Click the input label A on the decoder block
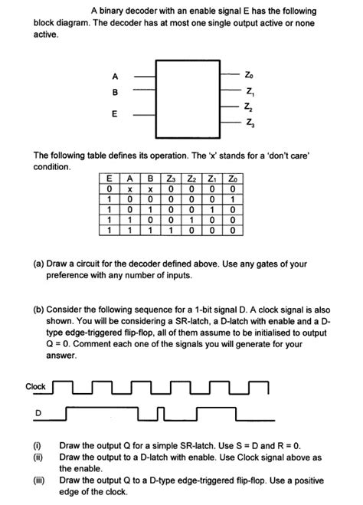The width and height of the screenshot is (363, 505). click(115, 77)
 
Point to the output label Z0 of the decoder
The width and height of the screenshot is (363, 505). click(247, 77)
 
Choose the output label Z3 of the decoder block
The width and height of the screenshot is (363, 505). click(247, 123)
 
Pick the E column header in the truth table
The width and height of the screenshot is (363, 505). click(110, 179)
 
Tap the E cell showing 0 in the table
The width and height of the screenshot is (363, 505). click(110, 189)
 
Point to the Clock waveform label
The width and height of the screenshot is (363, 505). click(36, 386)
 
